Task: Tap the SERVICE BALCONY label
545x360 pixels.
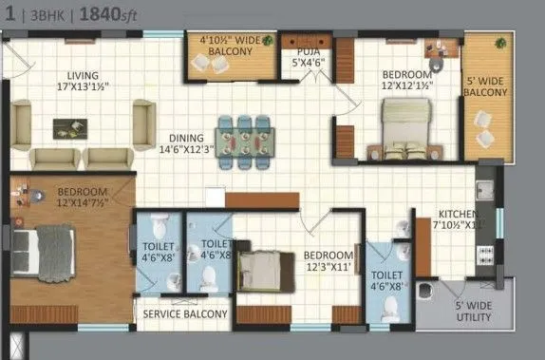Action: tap(185, 313)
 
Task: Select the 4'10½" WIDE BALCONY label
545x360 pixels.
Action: tap(229, 47)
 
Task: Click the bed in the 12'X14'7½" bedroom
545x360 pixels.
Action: tap(47, 254)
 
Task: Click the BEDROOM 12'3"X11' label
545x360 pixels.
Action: tap(328, 261)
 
